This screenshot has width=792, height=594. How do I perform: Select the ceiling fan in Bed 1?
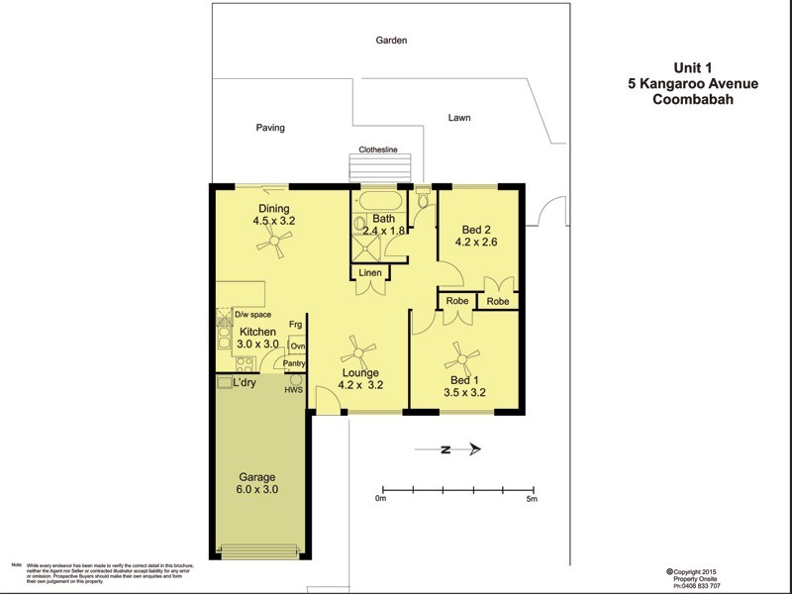[461, 356]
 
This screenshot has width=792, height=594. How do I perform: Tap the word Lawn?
[458, 117]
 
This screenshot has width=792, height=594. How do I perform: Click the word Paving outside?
[270, 128]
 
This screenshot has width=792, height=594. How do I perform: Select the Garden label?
[391, 41]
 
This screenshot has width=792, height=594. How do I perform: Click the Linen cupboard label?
[370, 273]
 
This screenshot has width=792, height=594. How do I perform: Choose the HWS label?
[293, 389]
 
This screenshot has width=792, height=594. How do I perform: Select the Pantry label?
[294, 363]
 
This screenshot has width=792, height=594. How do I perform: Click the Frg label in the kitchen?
[295, 325]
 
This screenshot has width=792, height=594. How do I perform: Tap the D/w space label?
[253, 314]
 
